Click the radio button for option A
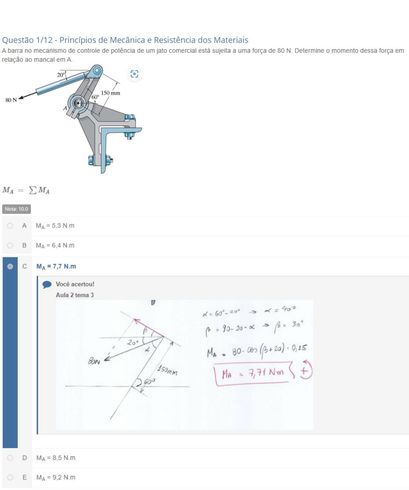(10, 226)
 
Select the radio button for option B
(10, 246)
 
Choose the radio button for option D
(10, 458)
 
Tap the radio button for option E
(10, 477)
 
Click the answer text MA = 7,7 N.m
(56, 267)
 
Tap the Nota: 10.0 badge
(16, 209)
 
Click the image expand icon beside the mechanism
(134, 74)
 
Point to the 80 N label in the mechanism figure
(11, 100)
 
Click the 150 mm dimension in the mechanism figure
(111, 93)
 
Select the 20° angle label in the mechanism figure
(61, 75)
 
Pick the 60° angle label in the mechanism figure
(95, 97)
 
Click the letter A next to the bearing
(65, 108)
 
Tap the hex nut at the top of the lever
(97, 70)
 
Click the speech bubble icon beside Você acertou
(47, 285)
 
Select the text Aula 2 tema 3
(75, 295)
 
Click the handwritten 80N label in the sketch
(94, 361)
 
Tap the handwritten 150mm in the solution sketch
(167, 370)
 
